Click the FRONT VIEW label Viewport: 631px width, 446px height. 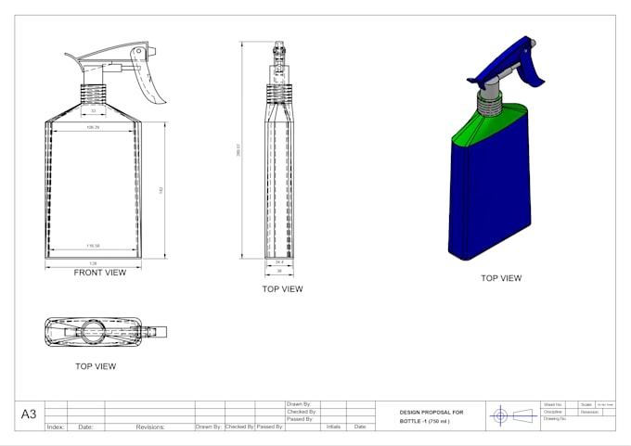(100, 273)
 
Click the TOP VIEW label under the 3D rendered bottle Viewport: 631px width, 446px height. (500, 278)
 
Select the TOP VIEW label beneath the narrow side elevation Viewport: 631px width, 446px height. (282, 289)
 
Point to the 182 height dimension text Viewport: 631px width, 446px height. (161, 190)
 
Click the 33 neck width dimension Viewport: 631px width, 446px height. (93, 111)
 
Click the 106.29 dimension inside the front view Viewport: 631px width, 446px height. (93, 127)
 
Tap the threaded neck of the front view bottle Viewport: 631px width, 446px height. (93, 94)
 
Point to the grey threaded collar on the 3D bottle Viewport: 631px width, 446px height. (489, 99)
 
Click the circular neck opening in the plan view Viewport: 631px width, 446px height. (93, 329)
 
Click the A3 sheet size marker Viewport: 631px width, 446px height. (30, 414)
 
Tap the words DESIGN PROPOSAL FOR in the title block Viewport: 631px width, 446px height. (431, 412)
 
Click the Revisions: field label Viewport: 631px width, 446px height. (149, 427)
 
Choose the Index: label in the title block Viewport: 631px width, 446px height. (56, 427)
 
